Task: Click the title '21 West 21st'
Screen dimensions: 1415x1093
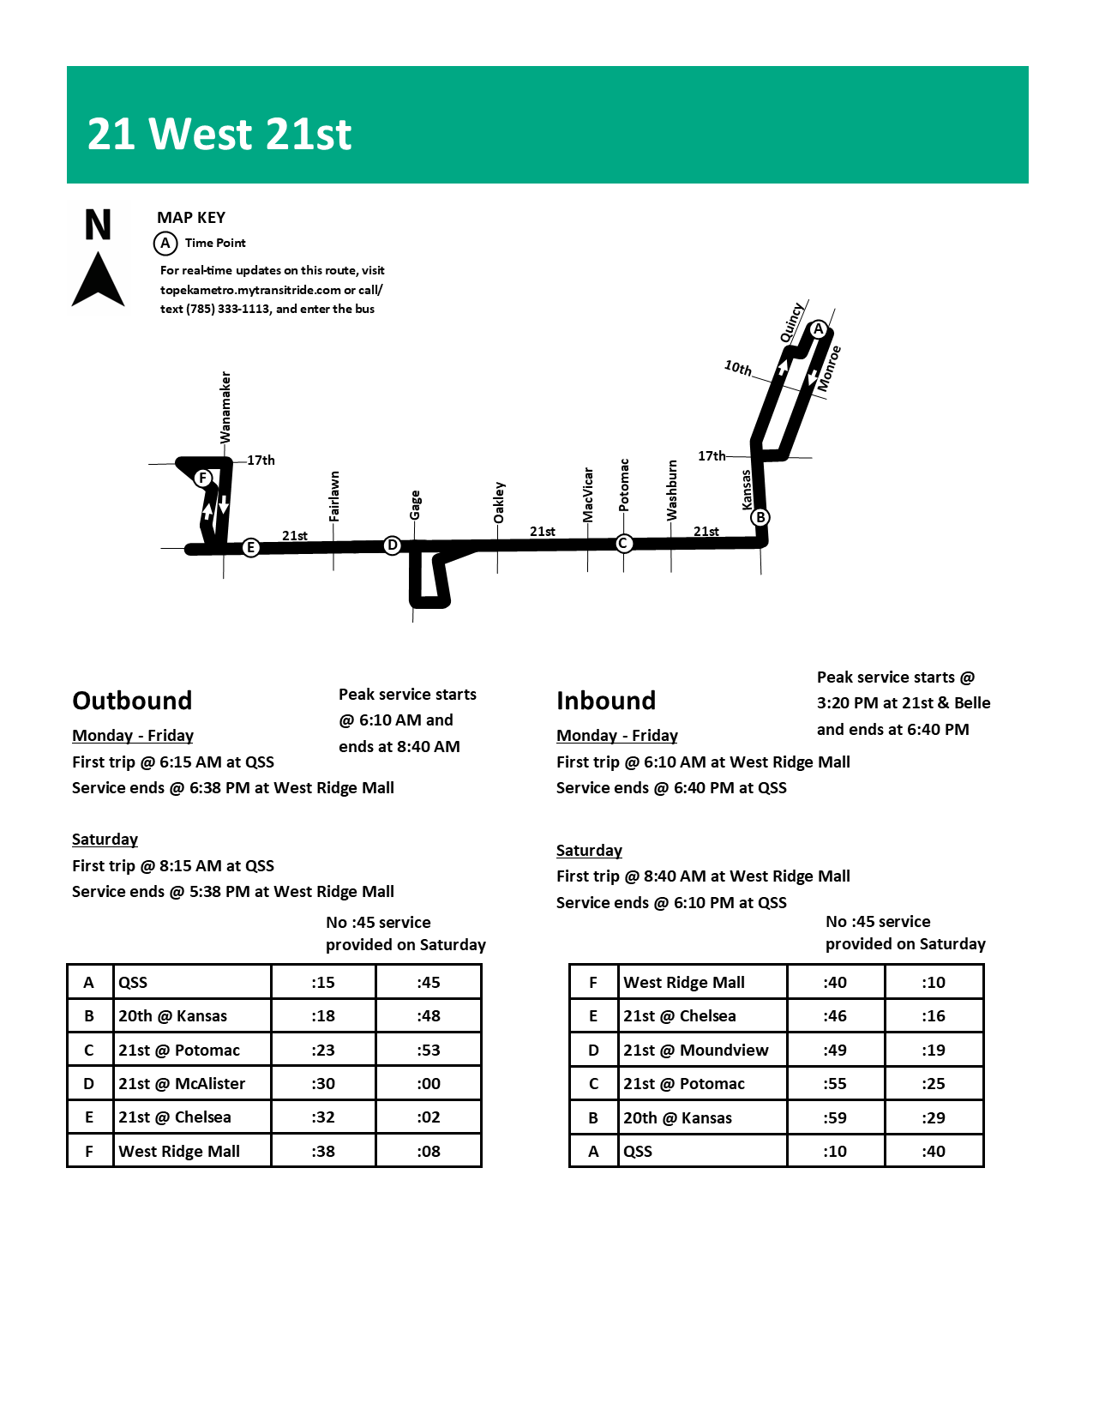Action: (219, 135)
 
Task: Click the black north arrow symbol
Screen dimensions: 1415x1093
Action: (98, 279)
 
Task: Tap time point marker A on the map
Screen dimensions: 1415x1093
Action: (819, 329)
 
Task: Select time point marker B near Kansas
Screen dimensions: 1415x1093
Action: (760, 517)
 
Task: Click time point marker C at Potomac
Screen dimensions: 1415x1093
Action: (624, 543)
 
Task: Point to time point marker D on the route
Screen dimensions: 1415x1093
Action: (392, 545)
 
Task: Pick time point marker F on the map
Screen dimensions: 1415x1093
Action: (203, 478)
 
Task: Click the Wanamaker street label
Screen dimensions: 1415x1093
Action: (225, 407)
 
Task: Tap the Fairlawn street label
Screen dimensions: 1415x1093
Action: (334, 496)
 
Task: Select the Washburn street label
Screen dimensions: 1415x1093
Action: (672, 490)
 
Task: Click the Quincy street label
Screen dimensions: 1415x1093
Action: (791, 322)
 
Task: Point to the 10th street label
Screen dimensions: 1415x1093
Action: (737, 368)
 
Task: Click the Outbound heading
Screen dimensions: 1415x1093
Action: (132, 701)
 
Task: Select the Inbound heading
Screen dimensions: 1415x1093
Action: (606, 701)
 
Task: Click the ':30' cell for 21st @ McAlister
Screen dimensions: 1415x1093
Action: (323, 1083)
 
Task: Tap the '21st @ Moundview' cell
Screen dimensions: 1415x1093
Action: (695, 1050)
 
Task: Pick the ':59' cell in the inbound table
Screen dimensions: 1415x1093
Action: (835, 1117)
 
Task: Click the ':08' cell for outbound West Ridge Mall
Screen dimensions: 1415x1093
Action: (429, 1151)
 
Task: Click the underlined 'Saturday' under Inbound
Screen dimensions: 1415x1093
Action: (589, 850)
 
